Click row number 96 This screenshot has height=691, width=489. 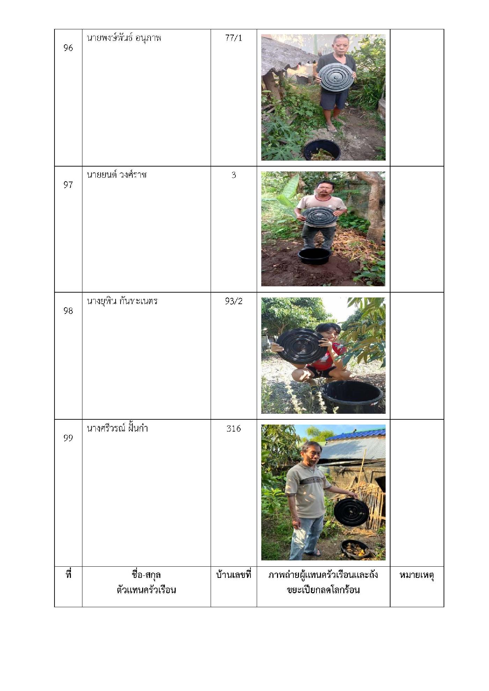point(68,48)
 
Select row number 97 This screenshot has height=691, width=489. point(68,185)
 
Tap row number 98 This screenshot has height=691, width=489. point(68,311)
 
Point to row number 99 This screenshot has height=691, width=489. point(68,438)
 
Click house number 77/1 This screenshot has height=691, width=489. point(234,38)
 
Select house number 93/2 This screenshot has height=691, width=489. point(234,301)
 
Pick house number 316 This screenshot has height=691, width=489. point(234,428)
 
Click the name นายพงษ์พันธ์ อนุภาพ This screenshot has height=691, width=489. point(124,38)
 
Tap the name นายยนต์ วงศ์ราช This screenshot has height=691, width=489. point(117,175)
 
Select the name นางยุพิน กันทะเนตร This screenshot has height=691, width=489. point(122,301)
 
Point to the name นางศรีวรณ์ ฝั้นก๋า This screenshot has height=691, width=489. point(117,428)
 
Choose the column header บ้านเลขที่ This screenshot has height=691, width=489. point(234,575)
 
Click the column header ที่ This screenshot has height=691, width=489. point(68,574)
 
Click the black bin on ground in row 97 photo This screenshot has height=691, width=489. point(314,256)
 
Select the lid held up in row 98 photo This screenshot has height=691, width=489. point(301,346)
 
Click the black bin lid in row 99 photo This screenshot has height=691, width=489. point(351,512)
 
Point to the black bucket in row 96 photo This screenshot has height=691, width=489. point(322,150)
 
